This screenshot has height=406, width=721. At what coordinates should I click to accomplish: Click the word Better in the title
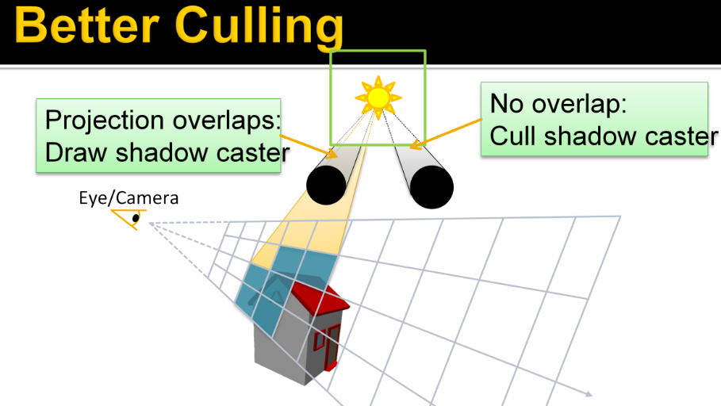pos(87,25)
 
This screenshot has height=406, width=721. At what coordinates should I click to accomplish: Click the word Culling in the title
pos(259,28)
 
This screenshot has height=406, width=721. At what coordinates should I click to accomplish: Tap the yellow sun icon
pos(378,98)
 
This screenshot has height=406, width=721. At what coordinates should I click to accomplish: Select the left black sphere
pos(327,185)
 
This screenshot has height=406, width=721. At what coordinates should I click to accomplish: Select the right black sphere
pos(431,186)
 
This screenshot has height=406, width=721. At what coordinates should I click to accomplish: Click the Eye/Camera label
pos(128,198)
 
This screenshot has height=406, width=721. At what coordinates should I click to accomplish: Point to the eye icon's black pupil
pos(136,218)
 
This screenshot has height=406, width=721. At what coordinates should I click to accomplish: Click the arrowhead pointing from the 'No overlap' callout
pos(415,145)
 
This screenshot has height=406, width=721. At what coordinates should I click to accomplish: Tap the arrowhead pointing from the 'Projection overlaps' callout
pos(333,154)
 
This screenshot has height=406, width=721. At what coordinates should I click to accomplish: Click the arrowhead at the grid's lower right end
pos(588,393)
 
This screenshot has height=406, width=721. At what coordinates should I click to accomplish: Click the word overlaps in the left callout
pos(226,121)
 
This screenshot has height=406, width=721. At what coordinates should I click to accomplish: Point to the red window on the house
pos(319,341)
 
